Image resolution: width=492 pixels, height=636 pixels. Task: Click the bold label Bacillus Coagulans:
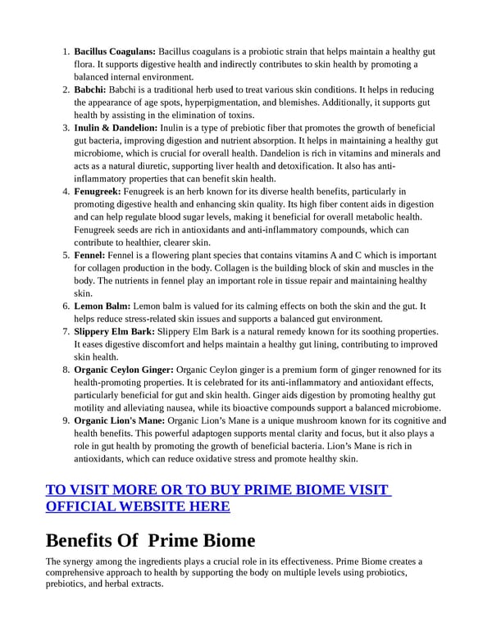115,52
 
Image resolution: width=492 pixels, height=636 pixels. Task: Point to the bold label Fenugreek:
102,191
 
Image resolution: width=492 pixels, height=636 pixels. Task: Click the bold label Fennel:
91,255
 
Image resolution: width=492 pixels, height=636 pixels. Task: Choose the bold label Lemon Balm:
102,306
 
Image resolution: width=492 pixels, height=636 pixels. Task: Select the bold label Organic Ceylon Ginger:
124,370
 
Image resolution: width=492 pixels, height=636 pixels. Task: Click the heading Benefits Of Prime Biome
150,540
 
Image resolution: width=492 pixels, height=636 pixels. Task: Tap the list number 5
66,255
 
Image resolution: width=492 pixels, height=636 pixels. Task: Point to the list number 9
66,420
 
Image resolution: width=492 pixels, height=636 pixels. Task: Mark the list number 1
66,52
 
